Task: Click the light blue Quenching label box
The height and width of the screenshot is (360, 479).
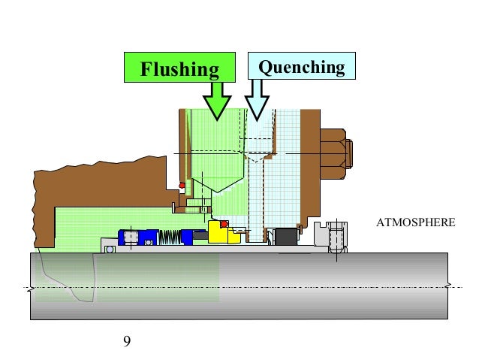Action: click(x=301, y=68)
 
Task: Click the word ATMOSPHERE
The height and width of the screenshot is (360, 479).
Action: click(x=416, y=224)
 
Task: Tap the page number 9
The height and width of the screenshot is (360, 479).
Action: click(x=126, y=342)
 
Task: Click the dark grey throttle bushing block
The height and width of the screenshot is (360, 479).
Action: click(x=285, y=237)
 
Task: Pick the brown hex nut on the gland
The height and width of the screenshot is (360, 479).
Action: click(x=336, y=154)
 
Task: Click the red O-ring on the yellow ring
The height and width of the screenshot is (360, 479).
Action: click(x=224, y=224)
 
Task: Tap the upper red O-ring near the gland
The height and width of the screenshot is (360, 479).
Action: click(x=181, y=186)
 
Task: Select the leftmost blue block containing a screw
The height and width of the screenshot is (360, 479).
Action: click(x=129, y=237)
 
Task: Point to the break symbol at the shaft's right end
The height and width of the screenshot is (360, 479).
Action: click(x=450, y=286)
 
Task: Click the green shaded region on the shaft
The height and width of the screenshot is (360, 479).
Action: click(x=150, y=278)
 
